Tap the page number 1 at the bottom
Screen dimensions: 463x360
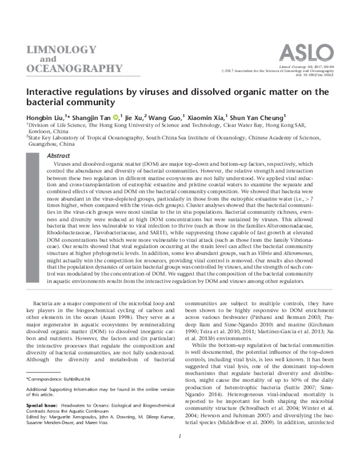coord(180,453)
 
